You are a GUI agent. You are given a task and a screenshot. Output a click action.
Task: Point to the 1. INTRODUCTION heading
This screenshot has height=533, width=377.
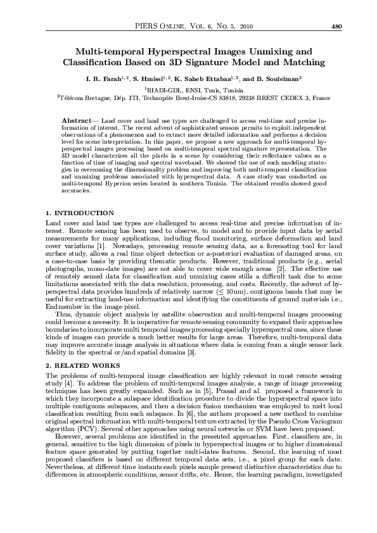click(x=80, y=213)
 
